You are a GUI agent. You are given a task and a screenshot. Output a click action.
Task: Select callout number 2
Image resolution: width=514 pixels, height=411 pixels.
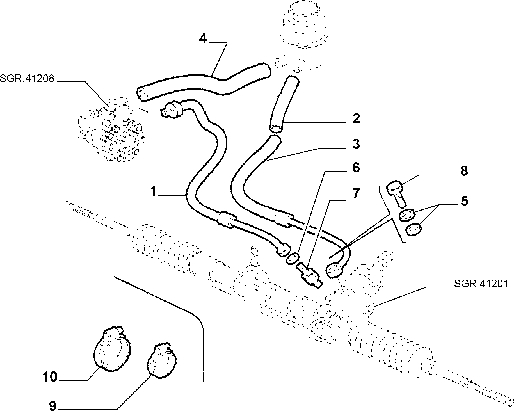coord(356,119)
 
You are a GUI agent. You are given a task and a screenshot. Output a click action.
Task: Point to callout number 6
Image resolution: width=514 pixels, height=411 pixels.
coord(356,168)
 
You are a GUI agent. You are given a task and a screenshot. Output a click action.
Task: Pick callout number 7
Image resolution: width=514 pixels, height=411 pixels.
coord(356,194)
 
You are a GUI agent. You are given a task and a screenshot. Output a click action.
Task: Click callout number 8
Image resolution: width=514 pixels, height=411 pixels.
coord(464,171)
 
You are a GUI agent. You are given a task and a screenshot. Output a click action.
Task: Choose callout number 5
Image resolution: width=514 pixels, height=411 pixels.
coord(464,201)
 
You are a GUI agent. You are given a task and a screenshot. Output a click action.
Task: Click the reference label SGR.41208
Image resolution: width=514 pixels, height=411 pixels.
coord(27,78)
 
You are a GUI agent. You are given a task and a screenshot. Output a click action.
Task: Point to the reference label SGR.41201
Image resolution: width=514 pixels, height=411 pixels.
coord(481,284)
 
